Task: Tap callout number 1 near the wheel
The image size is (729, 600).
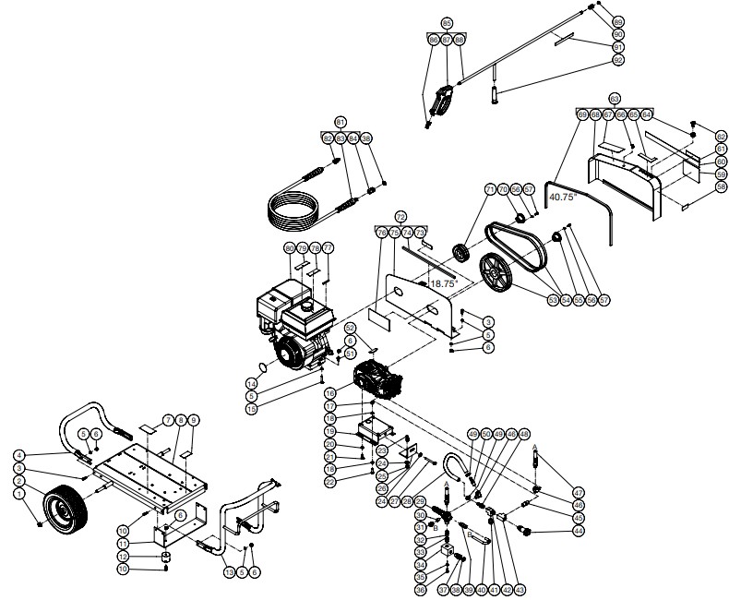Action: (x=18, y=495)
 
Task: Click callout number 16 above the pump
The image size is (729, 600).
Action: (x=329, y=393)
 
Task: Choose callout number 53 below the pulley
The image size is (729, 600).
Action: (x=553, y=300)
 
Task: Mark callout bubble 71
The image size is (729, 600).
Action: (x=491, y=189)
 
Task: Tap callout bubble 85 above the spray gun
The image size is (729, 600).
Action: (x=448, y=22)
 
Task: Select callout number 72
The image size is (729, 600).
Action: (x=400, y=215)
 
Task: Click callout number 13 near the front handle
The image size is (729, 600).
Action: (x=230, y=572)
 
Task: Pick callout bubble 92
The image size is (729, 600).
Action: (x=618, y=60)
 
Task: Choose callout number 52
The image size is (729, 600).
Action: (x=351, y=328)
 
